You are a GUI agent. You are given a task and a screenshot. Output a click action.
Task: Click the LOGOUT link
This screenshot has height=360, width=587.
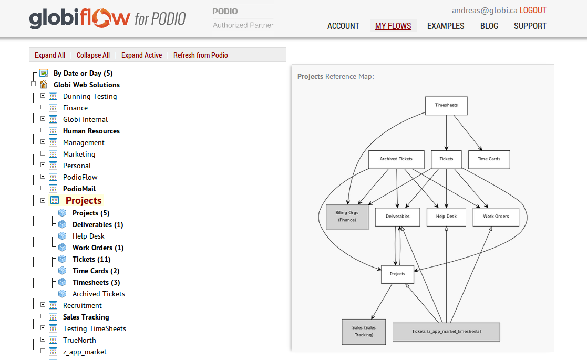coord(533,11)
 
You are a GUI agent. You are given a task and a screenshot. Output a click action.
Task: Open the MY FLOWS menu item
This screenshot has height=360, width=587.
coord(393,26)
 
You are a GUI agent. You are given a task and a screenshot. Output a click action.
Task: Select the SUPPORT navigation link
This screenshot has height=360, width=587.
coord(530,26)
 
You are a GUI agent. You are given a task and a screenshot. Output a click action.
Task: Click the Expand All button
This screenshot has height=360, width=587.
coord(50,55)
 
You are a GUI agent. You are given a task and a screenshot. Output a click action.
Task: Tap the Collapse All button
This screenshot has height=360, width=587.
coord(93,55)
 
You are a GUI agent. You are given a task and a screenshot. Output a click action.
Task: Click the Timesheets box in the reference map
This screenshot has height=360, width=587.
coord(446,105)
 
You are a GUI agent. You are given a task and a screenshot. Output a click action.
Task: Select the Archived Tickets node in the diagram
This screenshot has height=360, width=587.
coord(396,159)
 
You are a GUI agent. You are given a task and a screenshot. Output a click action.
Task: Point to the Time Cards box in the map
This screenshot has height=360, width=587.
coord(489,159)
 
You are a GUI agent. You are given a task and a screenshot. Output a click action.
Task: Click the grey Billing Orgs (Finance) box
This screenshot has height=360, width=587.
coord(347,217)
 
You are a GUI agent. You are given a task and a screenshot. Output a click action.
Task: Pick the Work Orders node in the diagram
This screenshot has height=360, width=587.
coord(496,217)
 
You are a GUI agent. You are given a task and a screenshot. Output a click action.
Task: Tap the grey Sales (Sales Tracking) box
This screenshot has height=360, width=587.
coord(364,332)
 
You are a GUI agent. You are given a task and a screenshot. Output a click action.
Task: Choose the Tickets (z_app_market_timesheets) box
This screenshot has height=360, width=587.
coord(446,332)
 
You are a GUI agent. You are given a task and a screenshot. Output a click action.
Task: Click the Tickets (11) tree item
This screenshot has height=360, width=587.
coord(91,259)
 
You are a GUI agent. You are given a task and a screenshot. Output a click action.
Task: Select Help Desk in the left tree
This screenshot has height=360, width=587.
coord(88,236)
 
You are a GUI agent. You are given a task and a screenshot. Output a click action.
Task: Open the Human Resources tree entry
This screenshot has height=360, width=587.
coord(91,131)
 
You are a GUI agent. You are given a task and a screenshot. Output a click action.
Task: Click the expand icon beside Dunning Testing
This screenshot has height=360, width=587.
coord(43,96)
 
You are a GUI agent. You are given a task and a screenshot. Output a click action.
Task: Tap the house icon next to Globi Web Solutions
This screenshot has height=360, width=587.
coord(44,85)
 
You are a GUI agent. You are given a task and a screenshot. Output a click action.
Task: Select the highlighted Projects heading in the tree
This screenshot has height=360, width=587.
coord(84,200)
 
